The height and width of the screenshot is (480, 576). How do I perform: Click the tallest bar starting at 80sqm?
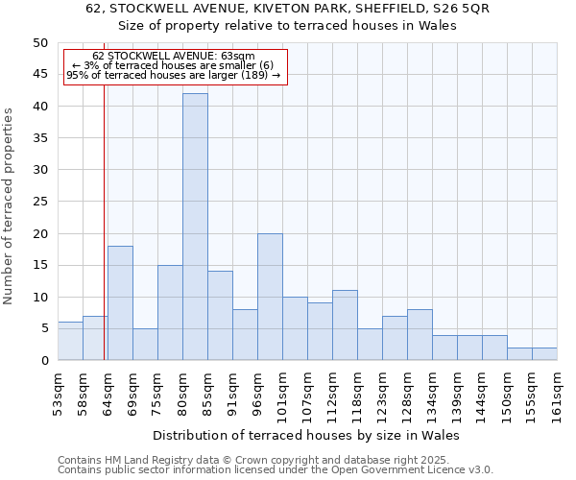(x=195, y=227)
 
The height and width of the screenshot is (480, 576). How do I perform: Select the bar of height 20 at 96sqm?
(x=270, y=297)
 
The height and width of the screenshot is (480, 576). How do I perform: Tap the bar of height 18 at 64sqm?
(x=120, y=302)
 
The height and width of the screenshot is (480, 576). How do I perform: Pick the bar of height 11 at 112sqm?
(x=345, y=324)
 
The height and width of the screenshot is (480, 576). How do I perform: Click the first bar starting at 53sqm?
(x=70, y=341)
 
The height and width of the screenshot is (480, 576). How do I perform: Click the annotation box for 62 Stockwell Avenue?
(x=174, y=65)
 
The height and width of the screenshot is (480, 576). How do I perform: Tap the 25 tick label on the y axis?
(x=39, y=202)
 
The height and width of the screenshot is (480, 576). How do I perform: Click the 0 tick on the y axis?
(x=43, y=360)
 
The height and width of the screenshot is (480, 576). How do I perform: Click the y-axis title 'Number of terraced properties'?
(x=10, y=205)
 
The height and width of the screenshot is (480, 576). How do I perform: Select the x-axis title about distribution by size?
(x=306, y=435)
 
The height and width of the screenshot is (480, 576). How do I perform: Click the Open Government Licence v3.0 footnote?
(x=276, y=470)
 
